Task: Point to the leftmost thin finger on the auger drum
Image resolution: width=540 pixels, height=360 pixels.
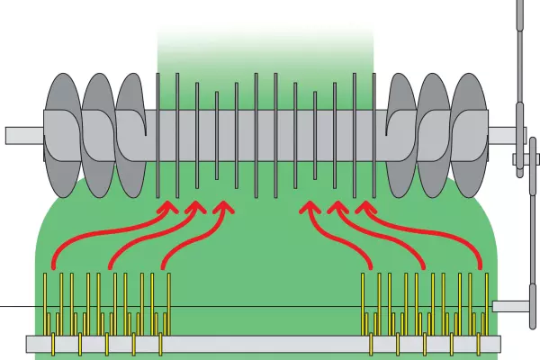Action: tap(158, 135)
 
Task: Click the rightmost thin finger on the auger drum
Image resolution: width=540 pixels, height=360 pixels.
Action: tap(373, 135)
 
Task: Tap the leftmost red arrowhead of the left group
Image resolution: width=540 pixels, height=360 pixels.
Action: tap(167, 208)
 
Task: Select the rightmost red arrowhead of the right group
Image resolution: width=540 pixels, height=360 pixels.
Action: tap(364, 208)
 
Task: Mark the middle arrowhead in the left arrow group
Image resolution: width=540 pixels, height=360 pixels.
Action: tap(194, 208)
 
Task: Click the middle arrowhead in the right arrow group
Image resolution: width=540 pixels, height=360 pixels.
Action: tap(337, 208)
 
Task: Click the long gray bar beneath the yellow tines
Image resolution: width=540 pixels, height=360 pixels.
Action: tap(261, 343)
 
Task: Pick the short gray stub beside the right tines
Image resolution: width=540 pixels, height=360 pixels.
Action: tap(511, 306)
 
